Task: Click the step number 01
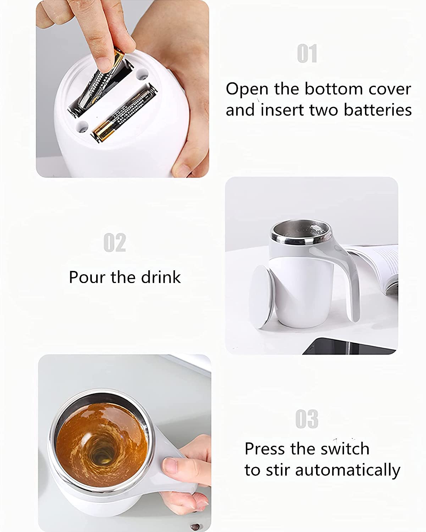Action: pos(307,54)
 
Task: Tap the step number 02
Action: pos(115,243)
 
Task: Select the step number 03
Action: pos(307,419)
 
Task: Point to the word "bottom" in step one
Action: pos(333,89)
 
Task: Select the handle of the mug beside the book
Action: pos(346,280)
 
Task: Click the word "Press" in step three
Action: pos(264,449)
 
